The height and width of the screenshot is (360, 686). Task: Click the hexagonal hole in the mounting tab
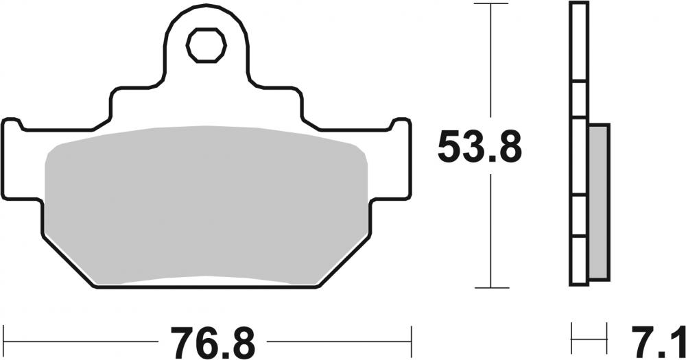click(206, 45)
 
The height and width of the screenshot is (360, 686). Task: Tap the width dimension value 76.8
click(212, 340)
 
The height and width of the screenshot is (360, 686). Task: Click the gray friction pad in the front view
click(206, 206)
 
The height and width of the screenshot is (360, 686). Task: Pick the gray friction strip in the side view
click(598, 202)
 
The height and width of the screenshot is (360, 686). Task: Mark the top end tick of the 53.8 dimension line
click(490, 4)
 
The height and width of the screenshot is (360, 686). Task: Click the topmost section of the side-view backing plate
click(578, 41)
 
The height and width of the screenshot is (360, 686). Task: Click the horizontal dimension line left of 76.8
click(82, 340)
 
